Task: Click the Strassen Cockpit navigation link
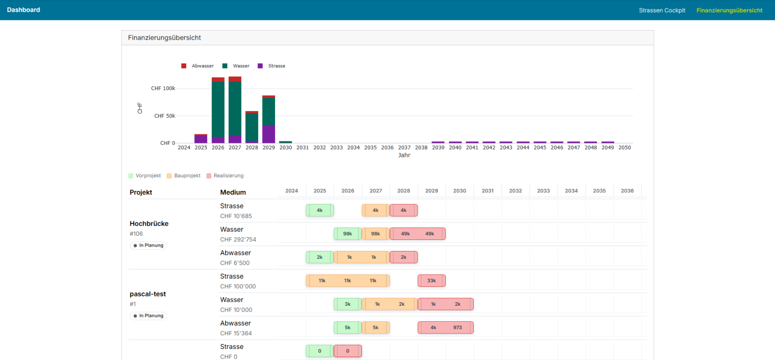pos(662,10)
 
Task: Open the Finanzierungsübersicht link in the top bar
pos(729,10)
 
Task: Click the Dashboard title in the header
pos(24,10)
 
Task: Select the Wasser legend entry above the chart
pos(236,66)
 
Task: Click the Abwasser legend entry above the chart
pos(198,66)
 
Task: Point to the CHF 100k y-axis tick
pos(163,88)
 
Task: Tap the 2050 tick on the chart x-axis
pos(624,147)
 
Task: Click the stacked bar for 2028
pos(252,127)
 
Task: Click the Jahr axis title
pos(404,155)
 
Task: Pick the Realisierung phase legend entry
pos(225,175)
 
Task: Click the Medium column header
pos(233,192)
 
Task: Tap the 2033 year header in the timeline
pos(543,191)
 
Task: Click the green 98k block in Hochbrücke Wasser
pos(348,234)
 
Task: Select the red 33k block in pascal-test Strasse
pos(432,281)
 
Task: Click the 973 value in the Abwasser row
pos(457,328)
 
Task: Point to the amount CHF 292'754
pos(238,239)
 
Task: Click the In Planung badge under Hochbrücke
pos(148,246)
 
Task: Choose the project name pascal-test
pos(148,294)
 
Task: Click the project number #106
pos(136,234)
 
